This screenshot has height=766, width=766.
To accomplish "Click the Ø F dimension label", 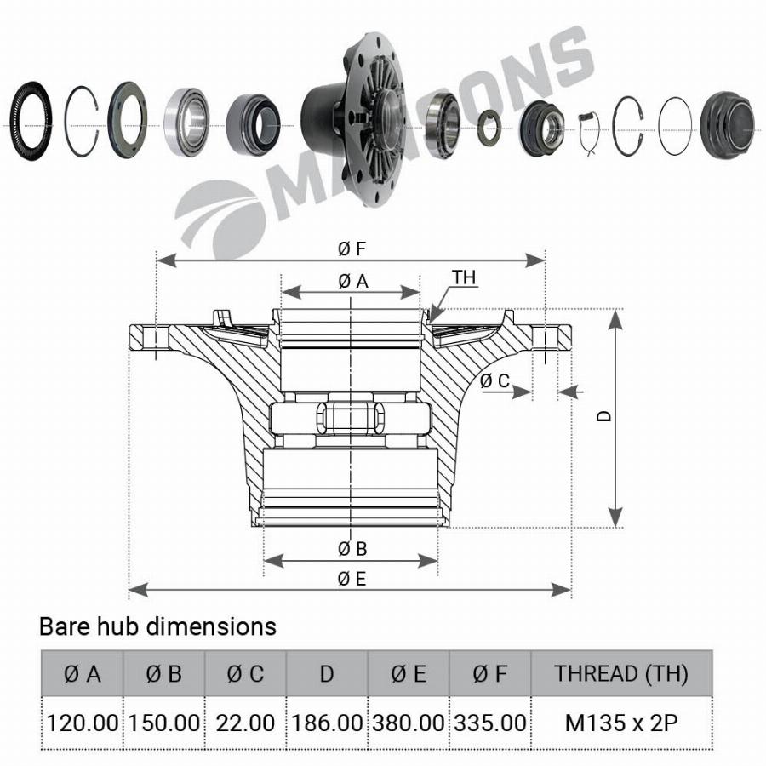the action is [x=352, y=249].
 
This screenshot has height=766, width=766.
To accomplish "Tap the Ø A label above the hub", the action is [x=352, y=281].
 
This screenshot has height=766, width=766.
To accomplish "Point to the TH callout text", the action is [x=464, y=277].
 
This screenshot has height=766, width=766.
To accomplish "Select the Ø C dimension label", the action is [x=494, y=381].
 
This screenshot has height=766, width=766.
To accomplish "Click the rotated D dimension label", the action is [x=604, y=415].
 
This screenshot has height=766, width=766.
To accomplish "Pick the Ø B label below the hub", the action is [x=352, y=549].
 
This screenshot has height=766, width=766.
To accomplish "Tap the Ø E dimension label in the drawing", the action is [x=352, y=579].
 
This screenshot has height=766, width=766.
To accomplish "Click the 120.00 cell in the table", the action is [x=82, y=723].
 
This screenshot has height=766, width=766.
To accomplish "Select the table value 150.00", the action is [x=163, y=723].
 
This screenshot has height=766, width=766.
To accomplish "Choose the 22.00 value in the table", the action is [x=245, y=723].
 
